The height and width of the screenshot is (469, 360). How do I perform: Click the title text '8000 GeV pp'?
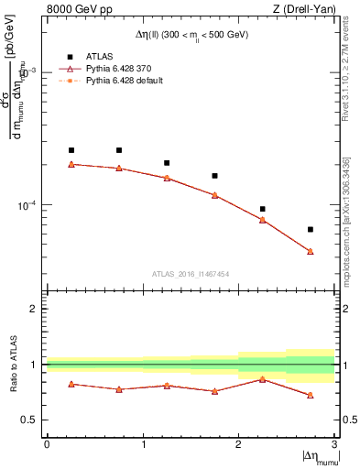77,10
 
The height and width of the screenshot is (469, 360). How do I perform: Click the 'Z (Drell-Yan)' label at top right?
303,10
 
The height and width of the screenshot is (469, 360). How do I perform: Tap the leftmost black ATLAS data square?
71,150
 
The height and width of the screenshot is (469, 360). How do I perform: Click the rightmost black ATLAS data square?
311,229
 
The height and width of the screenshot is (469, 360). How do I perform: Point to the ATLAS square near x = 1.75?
215,176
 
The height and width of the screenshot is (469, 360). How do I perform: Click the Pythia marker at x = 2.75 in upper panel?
311,251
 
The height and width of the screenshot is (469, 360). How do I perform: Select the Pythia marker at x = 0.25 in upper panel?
71,164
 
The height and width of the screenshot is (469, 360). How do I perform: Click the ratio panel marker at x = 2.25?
263,378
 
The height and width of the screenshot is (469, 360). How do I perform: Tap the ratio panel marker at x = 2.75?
311,395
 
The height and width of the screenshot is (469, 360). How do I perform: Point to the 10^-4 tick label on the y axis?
27,206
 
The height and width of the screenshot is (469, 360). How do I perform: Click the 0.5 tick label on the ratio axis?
32,420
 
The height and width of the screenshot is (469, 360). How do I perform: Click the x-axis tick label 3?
334,444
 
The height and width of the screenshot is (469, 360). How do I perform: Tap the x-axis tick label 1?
143,444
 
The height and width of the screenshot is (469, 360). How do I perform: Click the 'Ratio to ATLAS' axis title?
12,365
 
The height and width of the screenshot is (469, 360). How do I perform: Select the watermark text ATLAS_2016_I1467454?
191,273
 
